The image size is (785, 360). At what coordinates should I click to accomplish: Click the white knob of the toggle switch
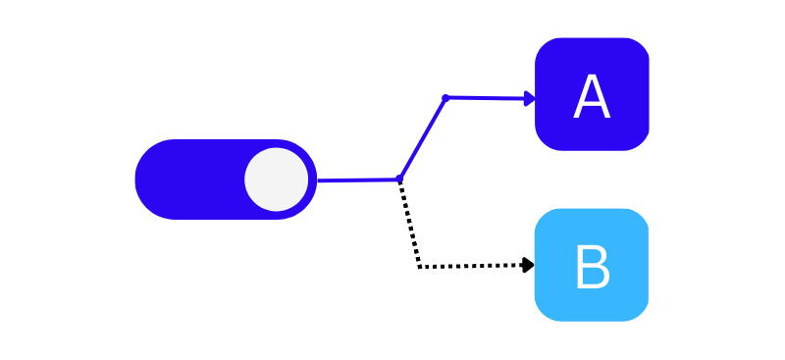tap(277, 180)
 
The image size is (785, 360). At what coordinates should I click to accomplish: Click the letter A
tap(592, 98)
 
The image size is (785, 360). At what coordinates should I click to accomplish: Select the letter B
tap(592, 268)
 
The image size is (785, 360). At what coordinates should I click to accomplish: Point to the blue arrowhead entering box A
tap(530, 98)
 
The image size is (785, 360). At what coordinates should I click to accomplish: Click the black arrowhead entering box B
tap(528, 265)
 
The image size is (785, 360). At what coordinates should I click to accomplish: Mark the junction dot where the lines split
tap(399, 179)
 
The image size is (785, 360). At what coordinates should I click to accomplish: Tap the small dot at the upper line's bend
tap(445, 98)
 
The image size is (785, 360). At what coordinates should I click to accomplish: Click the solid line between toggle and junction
tap(358, 180)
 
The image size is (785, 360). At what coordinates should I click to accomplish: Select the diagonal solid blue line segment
tap(422, 138)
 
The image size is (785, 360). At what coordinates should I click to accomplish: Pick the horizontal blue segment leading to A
tap(486, 98)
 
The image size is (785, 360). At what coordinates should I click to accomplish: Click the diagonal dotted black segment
tap(409, 223)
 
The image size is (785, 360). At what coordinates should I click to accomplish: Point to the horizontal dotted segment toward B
tap(471, 266)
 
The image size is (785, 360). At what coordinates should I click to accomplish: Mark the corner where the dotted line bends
tap(420, 266)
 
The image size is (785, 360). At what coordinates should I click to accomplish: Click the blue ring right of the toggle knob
tap(312, 180)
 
